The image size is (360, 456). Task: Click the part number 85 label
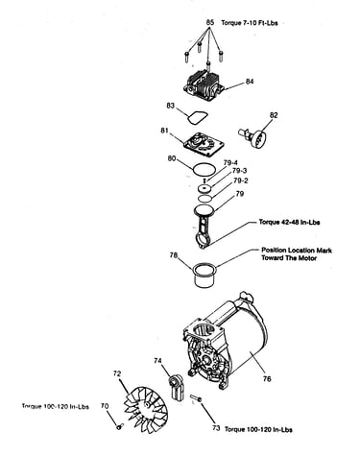point(209,23)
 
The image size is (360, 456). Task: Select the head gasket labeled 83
point(198,118)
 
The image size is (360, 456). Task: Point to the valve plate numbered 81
point(203,146)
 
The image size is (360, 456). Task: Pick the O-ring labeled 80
point(204,169)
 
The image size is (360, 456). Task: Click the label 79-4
point(230,163)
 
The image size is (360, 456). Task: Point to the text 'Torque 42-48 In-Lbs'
point(289,222)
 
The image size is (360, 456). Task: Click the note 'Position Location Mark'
point(297,251)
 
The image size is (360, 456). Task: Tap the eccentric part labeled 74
point(176,388)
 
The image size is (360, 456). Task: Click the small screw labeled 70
point(120,426)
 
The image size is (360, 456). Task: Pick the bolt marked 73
point(196,398)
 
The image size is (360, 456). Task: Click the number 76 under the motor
point(267,379)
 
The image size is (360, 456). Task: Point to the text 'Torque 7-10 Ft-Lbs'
point(250,23)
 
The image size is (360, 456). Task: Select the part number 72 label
point(117,373)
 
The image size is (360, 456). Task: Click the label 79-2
point(241,180)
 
